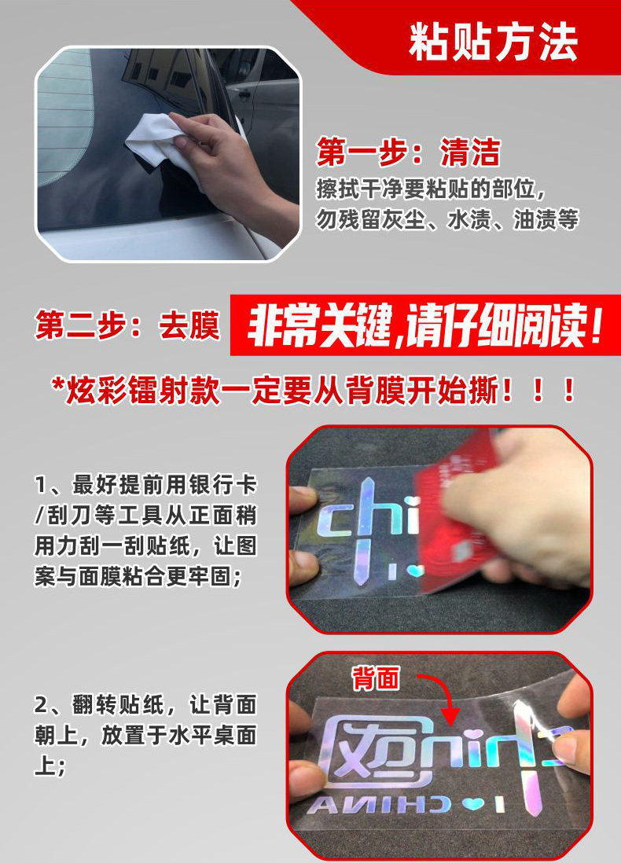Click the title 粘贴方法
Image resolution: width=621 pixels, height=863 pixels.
(x=493, y=42)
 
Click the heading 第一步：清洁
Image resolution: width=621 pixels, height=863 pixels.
(x=408, y=152)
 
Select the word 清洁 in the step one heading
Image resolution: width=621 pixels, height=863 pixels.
(x=470, y=152)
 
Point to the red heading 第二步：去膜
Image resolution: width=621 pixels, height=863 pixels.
(x=127, y=325)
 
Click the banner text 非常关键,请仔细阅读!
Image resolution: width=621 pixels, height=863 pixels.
(x=424, y=326)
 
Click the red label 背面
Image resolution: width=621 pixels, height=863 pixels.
(x=376, y=678)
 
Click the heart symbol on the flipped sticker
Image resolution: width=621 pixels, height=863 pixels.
(x=472, y=805)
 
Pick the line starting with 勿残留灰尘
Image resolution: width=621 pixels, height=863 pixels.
(x=447, y=219)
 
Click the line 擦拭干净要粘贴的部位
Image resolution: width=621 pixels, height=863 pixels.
(x=431, y=189)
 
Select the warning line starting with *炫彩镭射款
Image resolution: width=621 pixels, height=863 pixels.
(x=314, y=391)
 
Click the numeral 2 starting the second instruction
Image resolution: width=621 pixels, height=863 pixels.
(x=42, y=705)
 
